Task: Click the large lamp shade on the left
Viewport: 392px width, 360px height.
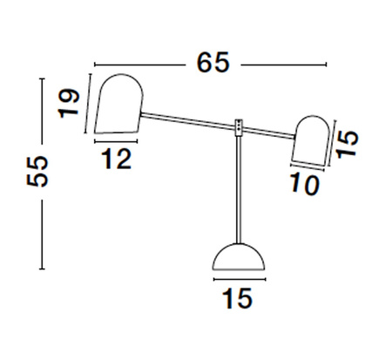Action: click(x=118, y=105)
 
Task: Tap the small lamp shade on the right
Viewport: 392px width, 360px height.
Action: click(x=309, y=141)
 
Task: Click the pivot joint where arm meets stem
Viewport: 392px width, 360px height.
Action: click(x=239, y=127)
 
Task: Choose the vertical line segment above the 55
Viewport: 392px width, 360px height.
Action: click(x=41, y=113)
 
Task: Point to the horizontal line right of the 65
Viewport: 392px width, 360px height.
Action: click(x=283, y=64)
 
